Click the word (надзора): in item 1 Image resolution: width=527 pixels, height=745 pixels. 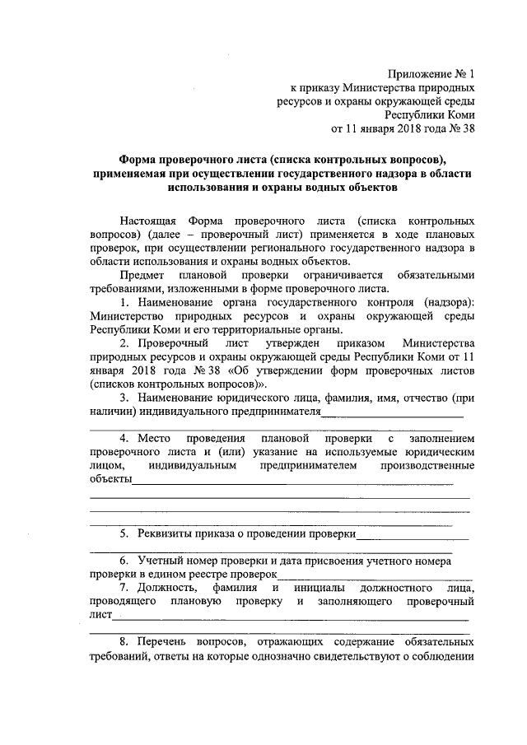[x=444, y=300]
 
